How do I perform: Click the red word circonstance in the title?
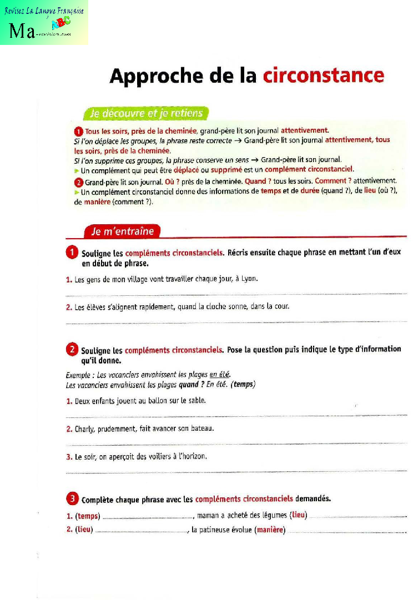tap(323, 75)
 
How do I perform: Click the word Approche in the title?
tap(151, 76)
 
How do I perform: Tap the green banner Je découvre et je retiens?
tap(146, 114)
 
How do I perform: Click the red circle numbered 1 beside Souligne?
tap(72, 253)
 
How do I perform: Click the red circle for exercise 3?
tap(72, 498)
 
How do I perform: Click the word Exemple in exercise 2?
tap(76, 375)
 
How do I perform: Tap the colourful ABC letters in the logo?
tap(61, 23)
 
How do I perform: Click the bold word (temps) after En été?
tap(243, 384)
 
